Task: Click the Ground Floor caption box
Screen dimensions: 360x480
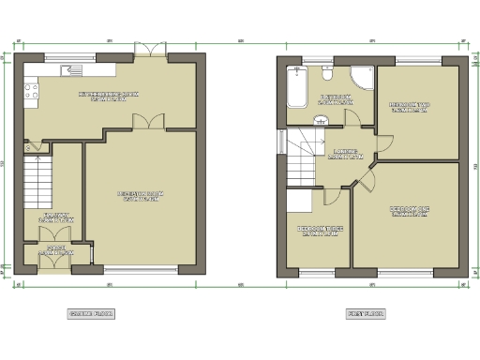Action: (91, 314)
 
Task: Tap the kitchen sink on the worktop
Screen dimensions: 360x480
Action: (83, 68)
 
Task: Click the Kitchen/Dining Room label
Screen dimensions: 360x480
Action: (108, 97)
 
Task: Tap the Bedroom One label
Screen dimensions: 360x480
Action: (410, 211)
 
